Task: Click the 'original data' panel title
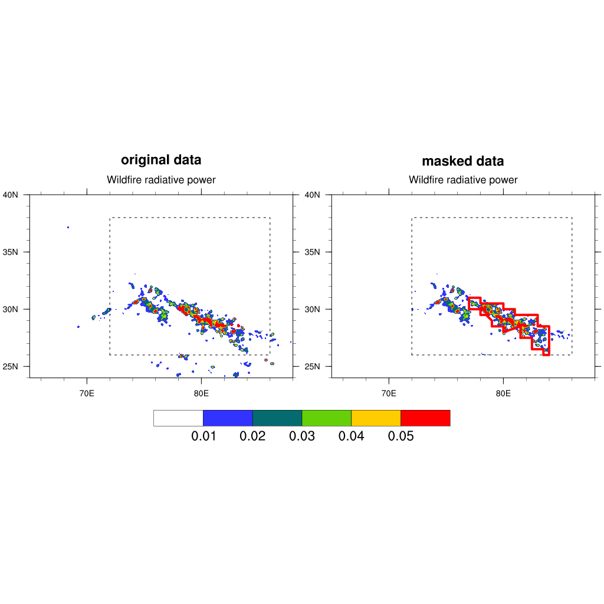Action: [161, 160]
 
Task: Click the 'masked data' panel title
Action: [463, 162]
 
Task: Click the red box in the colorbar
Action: [425, 418]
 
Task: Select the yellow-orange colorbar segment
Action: [376, 418]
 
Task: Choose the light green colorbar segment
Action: [326, 418]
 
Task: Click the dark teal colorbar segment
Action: [277, 418]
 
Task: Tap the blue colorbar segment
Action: [228, 418]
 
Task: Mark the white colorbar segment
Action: [178, 418]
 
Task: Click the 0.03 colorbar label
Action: [301, 436]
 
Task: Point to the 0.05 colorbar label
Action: [401, 436]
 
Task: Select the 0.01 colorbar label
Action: [203, 436]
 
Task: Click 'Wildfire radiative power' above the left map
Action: [161, 180]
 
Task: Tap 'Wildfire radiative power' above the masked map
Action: [463, 180]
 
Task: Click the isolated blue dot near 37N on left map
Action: [68, 227]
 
